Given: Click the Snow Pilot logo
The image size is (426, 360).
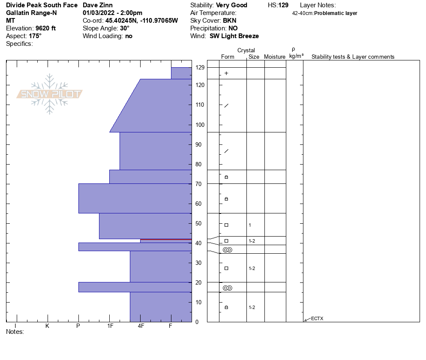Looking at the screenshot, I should (50, 94).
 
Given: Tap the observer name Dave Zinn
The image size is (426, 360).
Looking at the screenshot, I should (98, 5).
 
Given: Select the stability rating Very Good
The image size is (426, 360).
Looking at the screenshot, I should (231, 5).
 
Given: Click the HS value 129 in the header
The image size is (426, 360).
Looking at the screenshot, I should (283, 5).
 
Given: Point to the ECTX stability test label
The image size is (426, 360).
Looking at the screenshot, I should (317, 318).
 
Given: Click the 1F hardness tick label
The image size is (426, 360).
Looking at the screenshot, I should (110, 326).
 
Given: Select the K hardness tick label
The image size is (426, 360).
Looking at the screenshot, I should (47, 326).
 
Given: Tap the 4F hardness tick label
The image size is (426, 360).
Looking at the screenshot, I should (141, 326).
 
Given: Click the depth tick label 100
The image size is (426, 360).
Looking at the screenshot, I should (200, 125).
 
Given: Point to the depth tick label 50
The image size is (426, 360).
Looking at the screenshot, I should (198, 223).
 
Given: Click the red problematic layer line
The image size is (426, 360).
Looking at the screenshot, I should (166, 239).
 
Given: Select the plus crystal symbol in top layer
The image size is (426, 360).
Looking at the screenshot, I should (226, 73).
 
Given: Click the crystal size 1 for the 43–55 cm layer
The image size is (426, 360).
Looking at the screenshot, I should (250, 225).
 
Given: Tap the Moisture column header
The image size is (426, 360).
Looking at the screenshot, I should (275, 57).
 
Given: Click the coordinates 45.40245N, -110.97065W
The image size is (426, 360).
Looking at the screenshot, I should (142, 21).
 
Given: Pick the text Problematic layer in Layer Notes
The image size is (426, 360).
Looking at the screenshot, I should (336, 13).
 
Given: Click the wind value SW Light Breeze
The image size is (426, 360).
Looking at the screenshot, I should (234, 36).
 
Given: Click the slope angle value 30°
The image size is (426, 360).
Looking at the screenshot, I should (125, 28).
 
